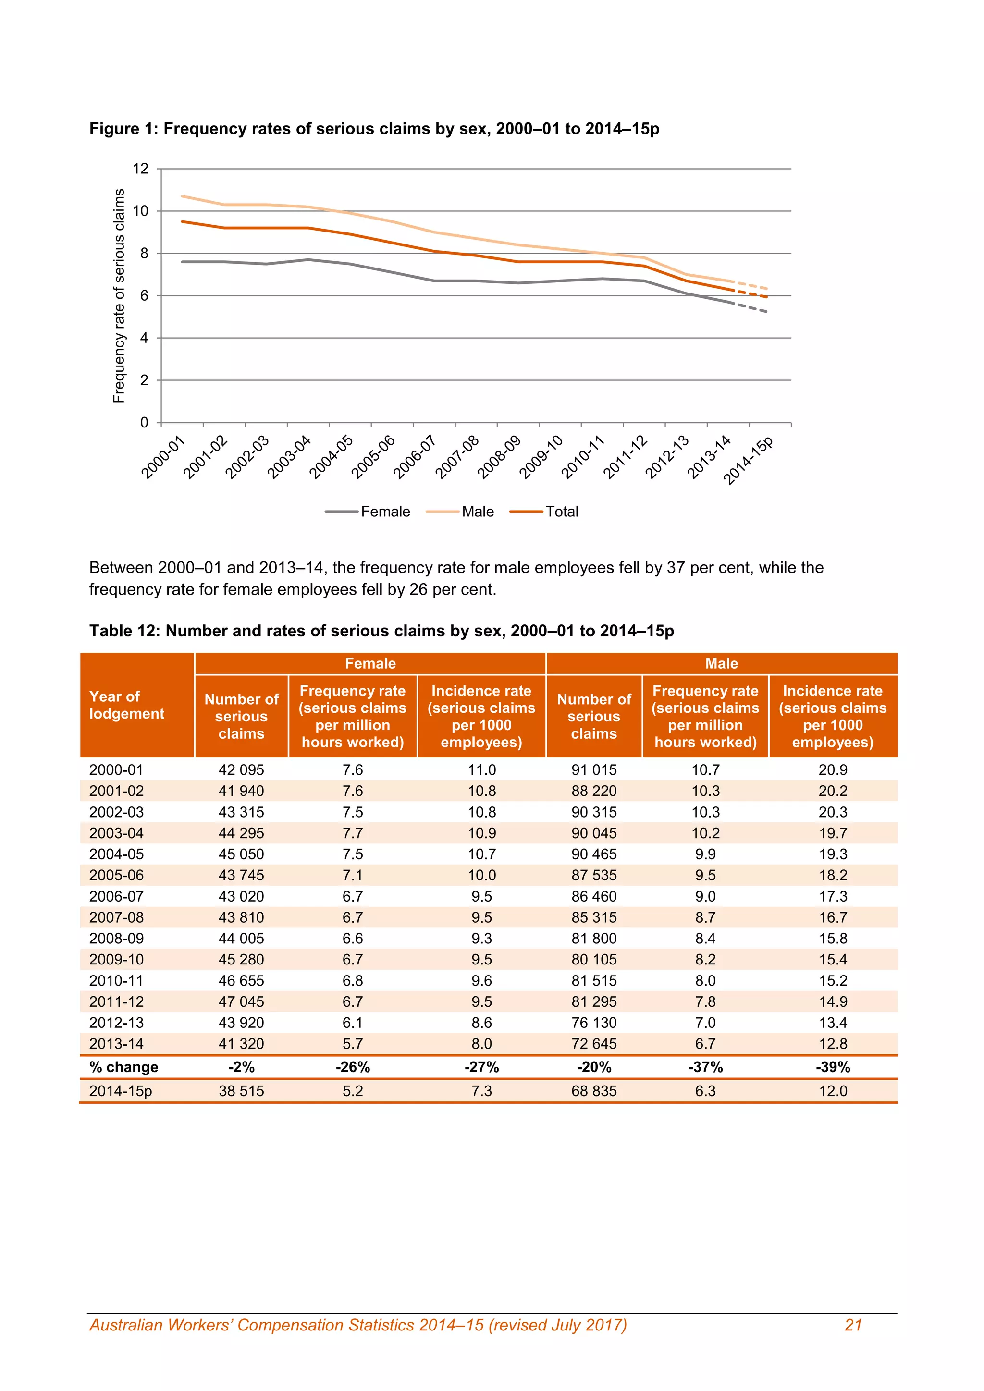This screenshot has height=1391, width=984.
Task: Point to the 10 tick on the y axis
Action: pos(141,211)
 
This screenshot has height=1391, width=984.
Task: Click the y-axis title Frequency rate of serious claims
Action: pos(119,296)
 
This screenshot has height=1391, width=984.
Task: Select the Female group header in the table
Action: pos(370,663)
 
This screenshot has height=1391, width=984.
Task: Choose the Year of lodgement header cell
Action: pos(127,705)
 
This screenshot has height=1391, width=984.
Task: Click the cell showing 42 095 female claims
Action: pos(241,769)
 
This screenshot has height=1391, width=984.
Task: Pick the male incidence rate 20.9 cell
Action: pos(833,769)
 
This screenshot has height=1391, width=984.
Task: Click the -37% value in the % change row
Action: pos(705,1067)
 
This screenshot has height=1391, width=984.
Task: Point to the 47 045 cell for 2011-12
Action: pos(241,1001)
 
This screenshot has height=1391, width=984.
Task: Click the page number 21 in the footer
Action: pos(853,1325)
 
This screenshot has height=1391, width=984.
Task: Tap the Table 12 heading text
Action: pos(381,631)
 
